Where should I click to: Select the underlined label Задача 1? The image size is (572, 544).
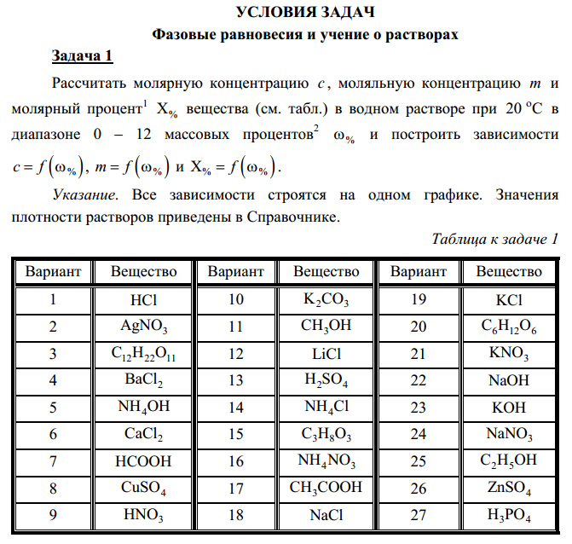(82, 56)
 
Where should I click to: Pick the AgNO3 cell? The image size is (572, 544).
(143, 327)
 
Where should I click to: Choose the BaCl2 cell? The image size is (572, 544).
(143, 380)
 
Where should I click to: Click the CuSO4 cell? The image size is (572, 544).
(143, 489)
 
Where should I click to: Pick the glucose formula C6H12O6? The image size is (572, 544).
(509, 327)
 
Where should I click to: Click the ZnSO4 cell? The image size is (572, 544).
(509, 489)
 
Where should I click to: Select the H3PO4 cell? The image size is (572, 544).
(509, 516)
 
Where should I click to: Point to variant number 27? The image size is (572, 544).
(418, 515)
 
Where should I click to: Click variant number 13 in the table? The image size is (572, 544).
(235, 380)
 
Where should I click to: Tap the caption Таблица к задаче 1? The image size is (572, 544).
(495, 238)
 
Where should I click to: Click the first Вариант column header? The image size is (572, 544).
(53, 272)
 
